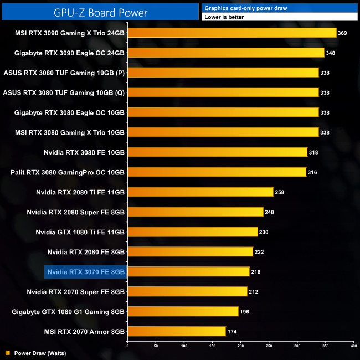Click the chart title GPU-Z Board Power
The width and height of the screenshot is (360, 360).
coord(100,11)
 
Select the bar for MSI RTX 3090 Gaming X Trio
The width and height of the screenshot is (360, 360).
coord(232,33)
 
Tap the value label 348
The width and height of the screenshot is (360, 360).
coord(331,53)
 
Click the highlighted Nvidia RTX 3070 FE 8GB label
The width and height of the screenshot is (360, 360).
coord(86,271)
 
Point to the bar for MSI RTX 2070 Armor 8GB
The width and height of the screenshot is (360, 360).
coord(177,331)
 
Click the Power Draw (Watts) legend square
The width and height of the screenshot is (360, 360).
coord(7,352)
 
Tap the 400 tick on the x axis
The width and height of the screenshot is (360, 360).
coord(353,346)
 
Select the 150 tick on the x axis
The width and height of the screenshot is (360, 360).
coord(212,346)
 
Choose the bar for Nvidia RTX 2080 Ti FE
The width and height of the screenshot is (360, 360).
coord(200,192)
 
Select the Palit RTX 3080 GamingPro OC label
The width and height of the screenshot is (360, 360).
coord(68,172)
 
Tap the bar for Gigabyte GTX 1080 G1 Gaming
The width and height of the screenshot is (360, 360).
coord(183,311)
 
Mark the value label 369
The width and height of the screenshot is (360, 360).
coord(342,33)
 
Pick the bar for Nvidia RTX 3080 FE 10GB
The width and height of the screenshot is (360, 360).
coord(217,152)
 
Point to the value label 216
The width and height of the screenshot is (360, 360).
coord(256,272)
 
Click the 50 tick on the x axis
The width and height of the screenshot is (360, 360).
coord(156,346)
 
